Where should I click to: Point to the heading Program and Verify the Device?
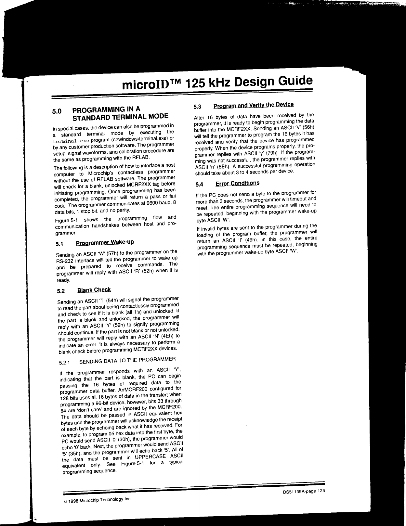253,105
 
